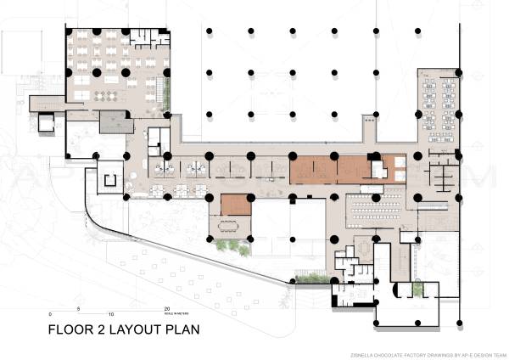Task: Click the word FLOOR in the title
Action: [68, 330]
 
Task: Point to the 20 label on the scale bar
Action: [168, 309]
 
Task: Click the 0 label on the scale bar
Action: [50, 309]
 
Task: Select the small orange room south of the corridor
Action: [237, 205]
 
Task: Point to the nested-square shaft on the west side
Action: [109, 179]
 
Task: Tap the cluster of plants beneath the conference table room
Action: [233, 247]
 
